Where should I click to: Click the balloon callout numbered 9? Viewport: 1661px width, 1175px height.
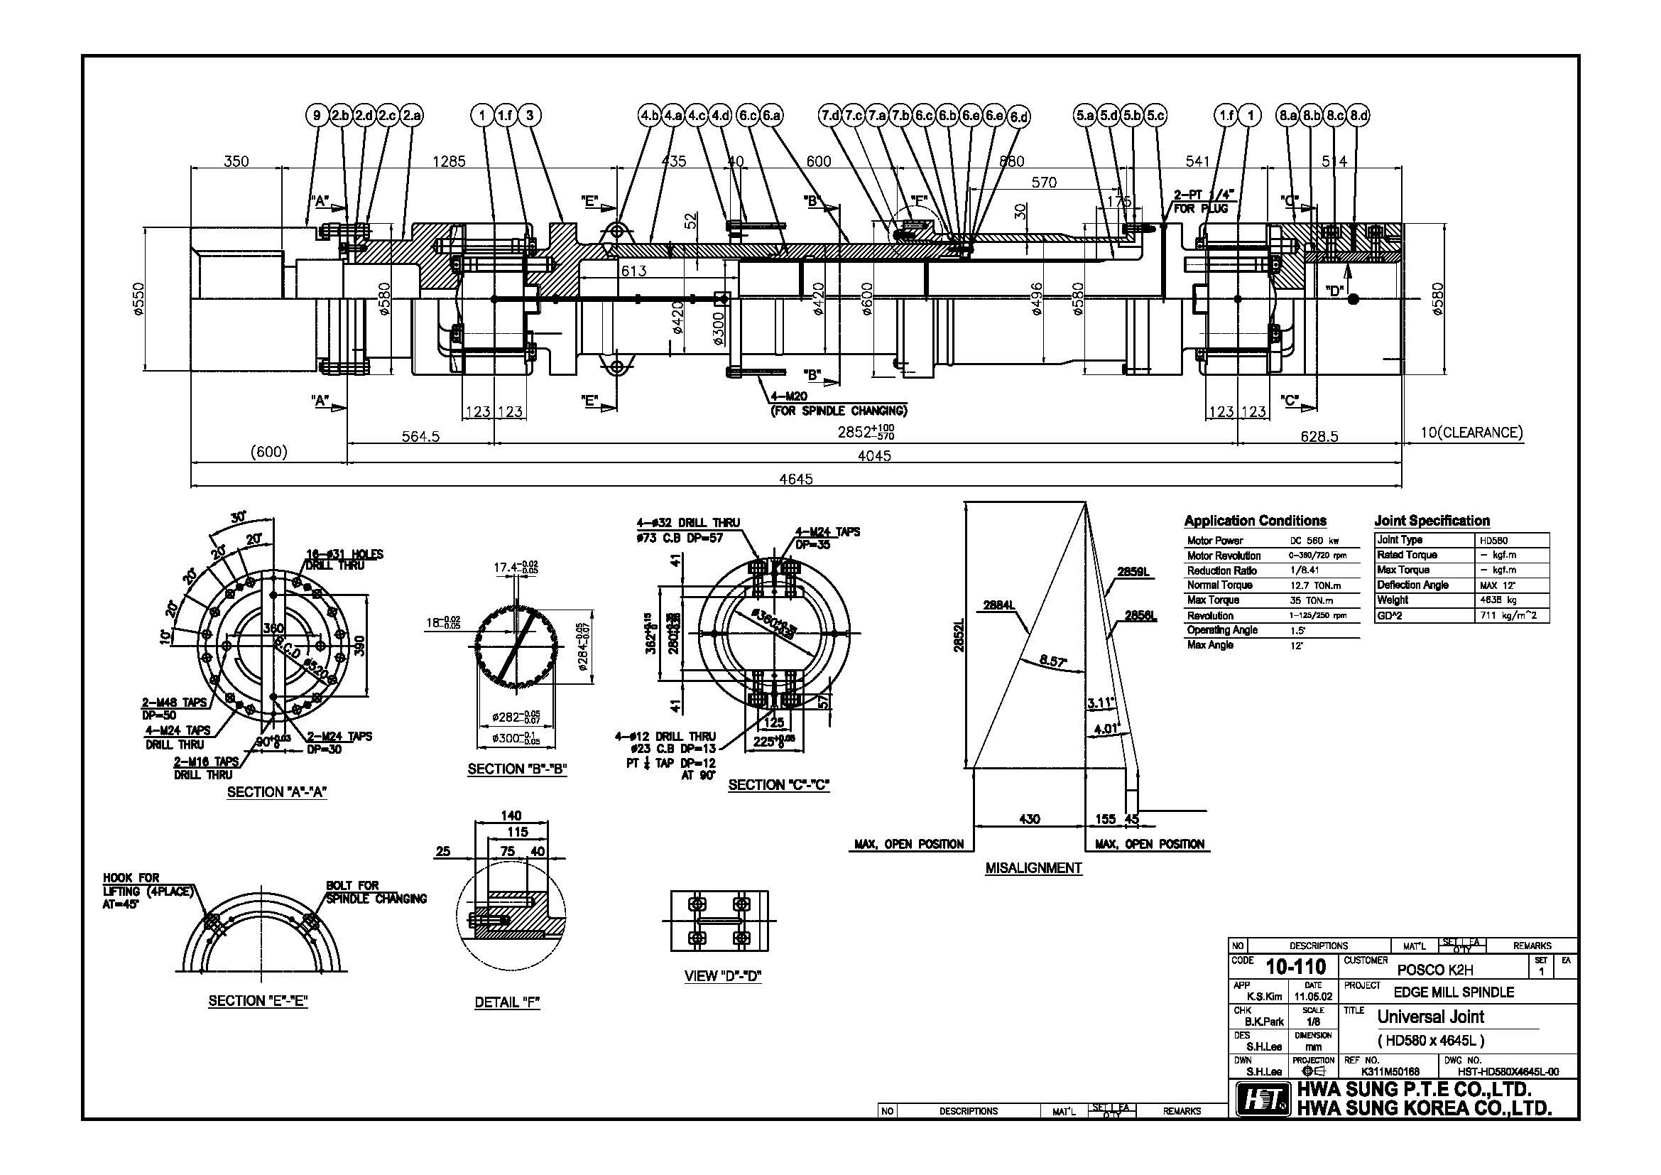point(317,115)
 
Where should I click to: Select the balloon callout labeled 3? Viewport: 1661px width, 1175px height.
point(530,115)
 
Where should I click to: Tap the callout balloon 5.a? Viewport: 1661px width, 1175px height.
point(1084,115)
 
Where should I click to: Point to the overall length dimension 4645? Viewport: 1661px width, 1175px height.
point(796,479)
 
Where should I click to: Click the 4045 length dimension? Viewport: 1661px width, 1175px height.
point(875,456)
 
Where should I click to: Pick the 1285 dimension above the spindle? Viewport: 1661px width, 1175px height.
point(450,161)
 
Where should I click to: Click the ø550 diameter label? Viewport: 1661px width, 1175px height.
point(139,299)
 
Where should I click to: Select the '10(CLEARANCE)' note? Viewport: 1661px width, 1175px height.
point(1471,433)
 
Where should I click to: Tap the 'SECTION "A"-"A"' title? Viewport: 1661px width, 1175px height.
point(277,792)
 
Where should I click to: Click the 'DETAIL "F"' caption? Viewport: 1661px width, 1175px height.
point(507,1002)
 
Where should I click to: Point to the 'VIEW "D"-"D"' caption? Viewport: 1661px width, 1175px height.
point(723,976)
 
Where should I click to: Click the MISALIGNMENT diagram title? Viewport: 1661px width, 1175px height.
point(1033,868)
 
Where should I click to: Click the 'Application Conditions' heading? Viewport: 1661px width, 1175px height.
point(1255,521)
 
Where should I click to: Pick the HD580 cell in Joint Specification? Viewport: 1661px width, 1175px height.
point(1495,541)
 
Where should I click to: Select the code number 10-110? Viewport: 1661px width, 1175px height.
point(1296,968)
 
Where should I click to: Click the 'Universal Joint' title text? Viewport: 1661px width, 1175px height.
point(1430,1017)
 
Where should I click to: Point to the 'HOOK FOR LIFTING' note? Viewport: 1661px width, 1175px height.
point(148,885)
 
